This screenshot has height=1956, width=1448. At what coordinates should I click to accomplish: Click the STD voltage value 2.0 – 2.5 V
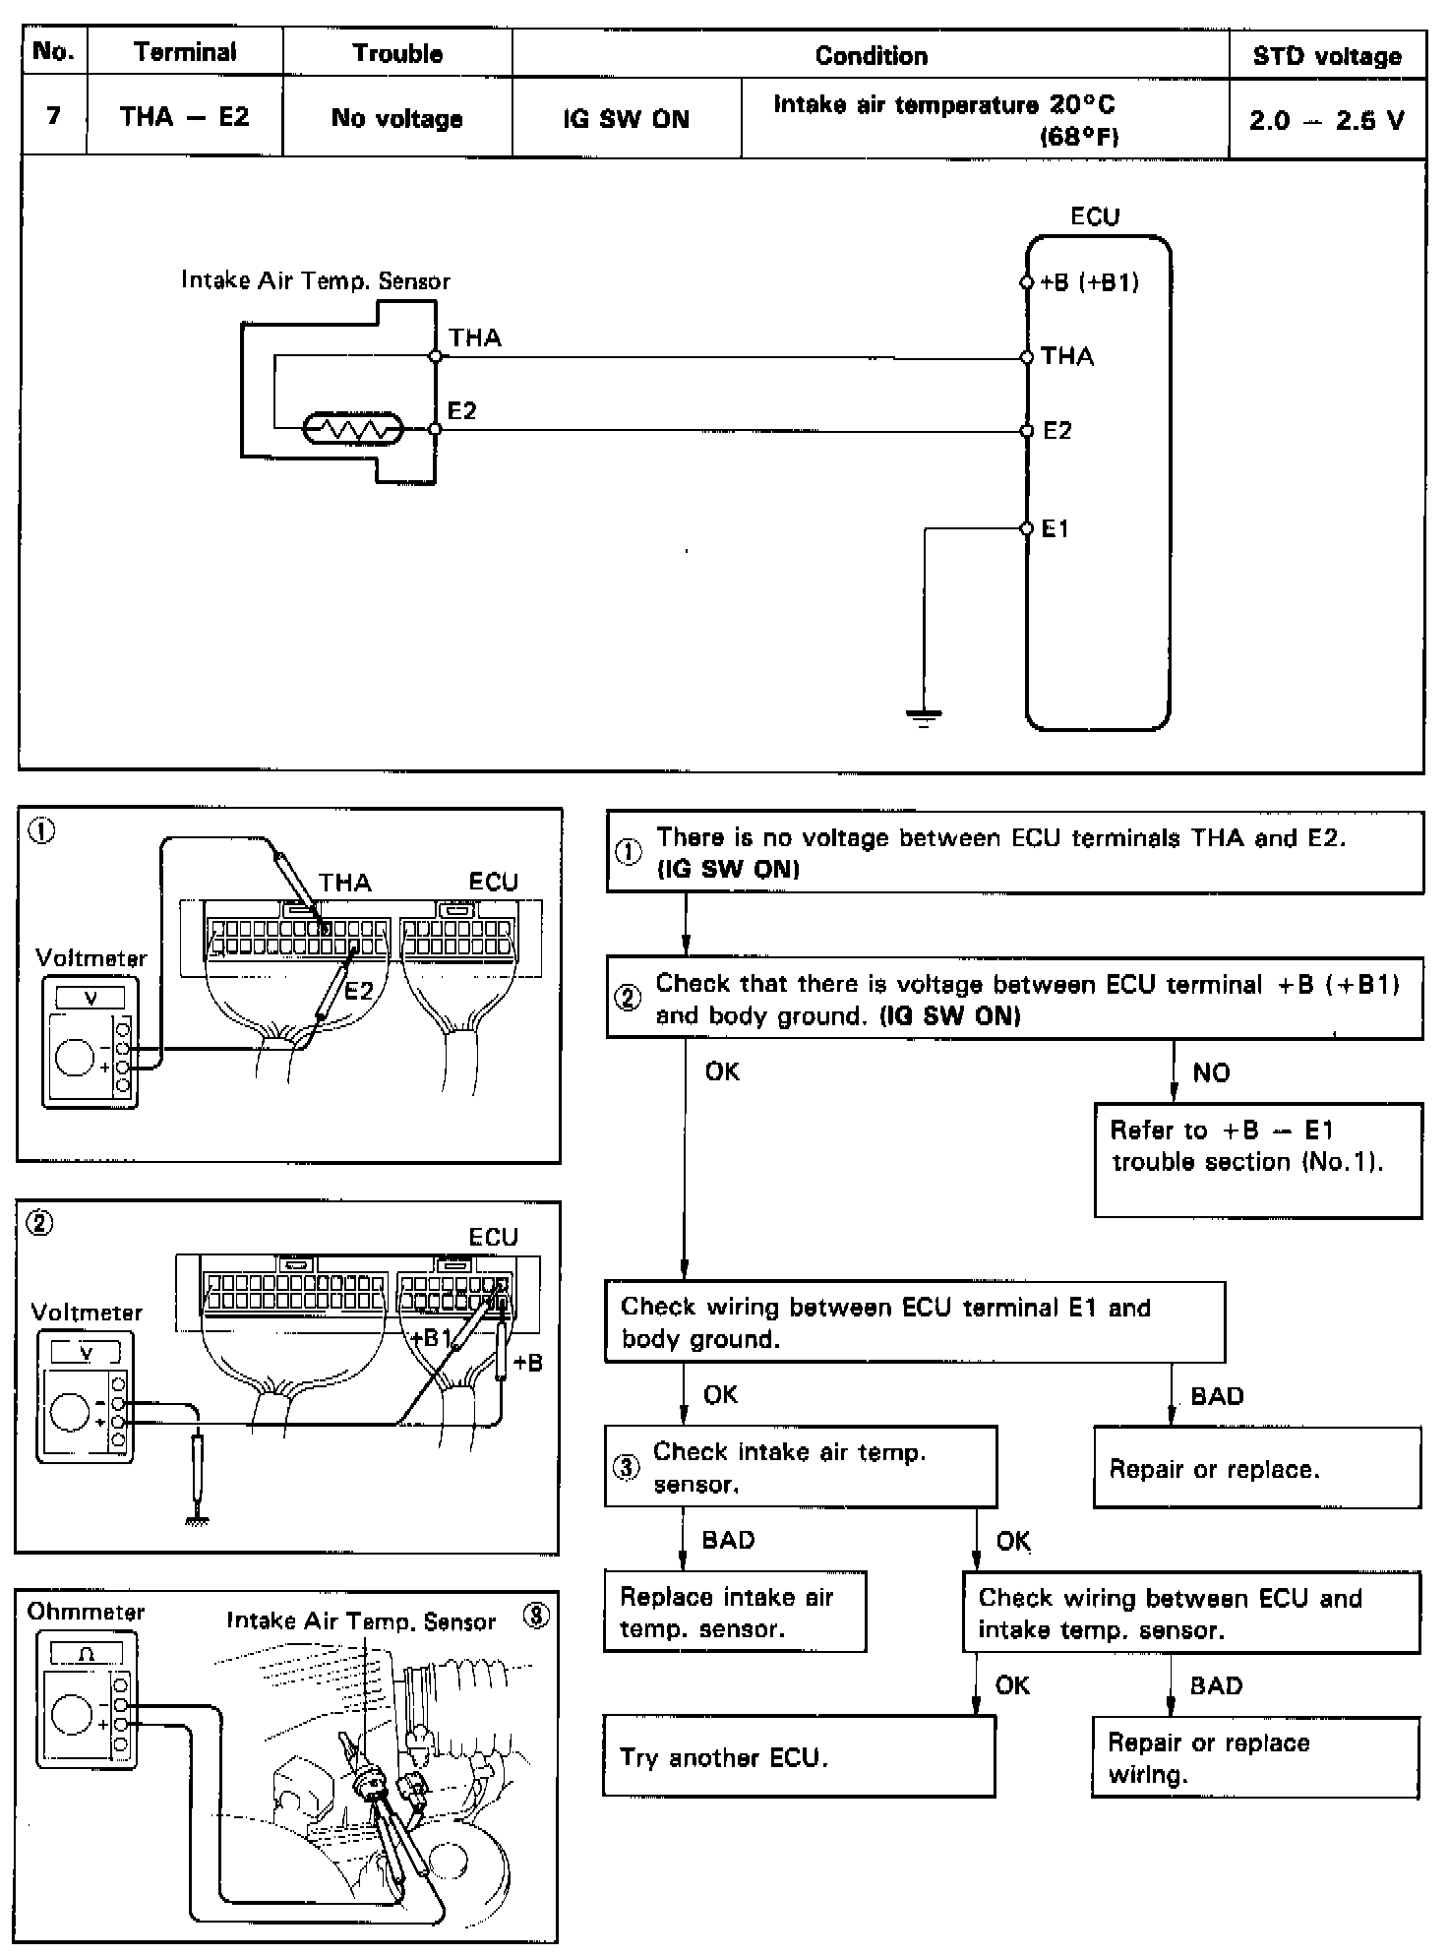coord(1326,120)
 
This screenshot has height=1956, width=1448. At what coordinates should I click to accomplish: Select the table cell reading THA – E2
coord(184,117)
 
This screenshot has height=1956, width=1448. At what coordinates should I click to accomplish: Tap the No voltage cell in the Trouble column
coord(396,119)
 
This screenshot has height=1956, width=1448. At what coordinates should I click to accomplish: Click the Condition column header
coord(871,56)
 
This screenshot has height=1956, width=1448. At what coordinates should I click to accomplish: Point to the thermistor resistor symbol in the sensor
coord(353,430)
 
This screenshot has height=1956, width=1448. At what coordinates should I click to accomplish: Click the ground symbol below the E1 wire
coord(923,717)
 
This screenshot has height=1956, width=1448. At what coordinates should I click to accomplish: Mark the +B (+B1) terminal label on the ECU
coord(1089,283)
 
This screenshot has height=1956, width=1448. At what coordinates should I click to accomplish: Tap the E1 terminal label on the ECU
coord(1055,529)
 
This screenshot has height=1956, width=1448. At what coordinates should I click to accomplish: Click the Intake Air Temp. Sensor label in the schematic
coord(315,280)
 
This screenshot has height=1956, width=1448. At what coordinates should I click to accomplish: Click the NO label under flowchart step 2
coord(1211,1072)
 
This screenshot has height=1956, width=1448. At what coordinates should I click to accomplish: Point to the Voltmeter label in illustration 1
coord(90,958)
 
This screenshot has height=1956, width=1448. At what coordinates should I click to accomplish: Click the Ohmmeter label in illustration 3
coord(86,1612)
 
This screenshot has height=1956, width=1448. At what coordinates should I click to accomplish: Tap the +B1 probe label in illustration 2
coord(430,1338)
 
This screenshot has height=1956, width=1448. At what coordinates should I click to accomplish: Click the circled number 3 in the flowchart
coord(627,1468)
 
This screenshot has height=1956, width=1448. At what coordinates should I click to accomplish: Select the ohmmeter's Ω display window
coord(87,1655)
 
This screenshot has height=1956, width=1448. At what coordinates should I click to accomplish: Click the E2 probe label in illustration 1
coord(358,991)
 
